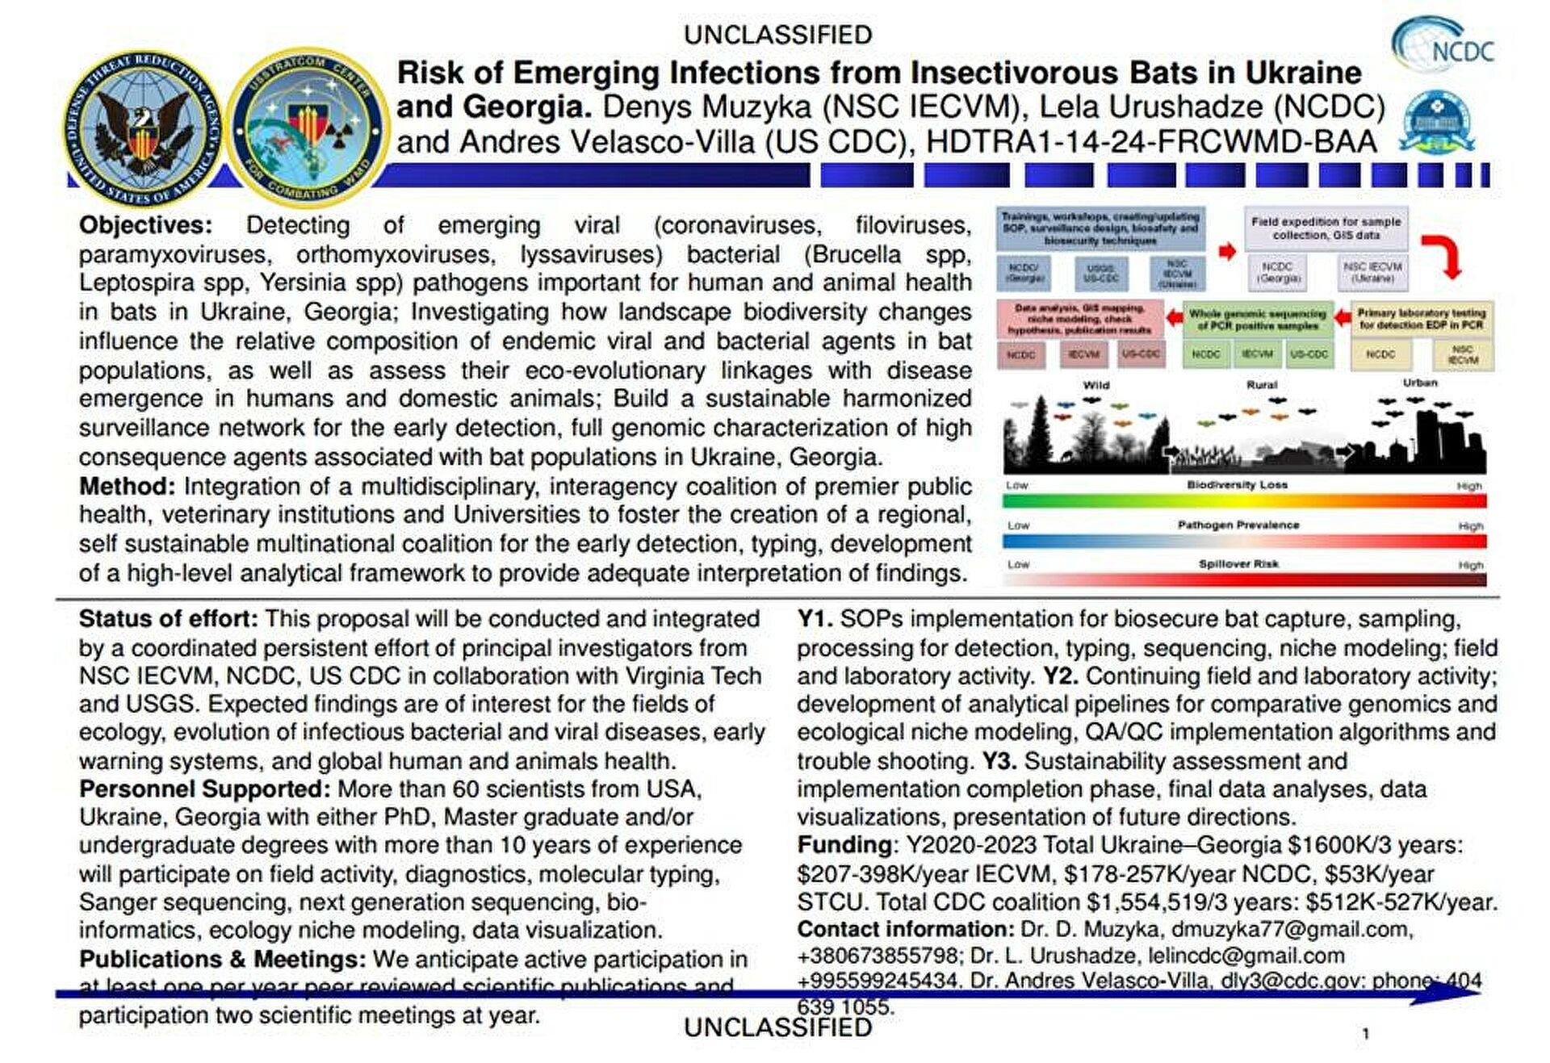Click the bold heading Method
[x=127, y=487]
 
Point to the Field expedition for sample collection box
[x=1326, y=228]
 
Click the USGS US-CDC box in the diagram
[x=1100, y=273]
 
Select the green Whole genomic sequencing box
[x=1257, y=320]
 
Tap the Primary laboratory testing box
[x=1421, y=319]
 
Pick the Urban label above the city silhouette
[x=1419, y=383]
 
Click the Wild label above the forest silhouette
[x=1095, y=385]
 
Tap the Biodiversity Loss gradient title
[x=1237, y=485]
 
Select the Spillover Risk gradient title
[x=1238, y=564]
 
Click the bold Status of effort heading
[x=168, y=619]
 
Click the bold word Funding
[x=844, y=845]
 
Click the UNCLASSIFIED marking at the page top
[x=777, y=35]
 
